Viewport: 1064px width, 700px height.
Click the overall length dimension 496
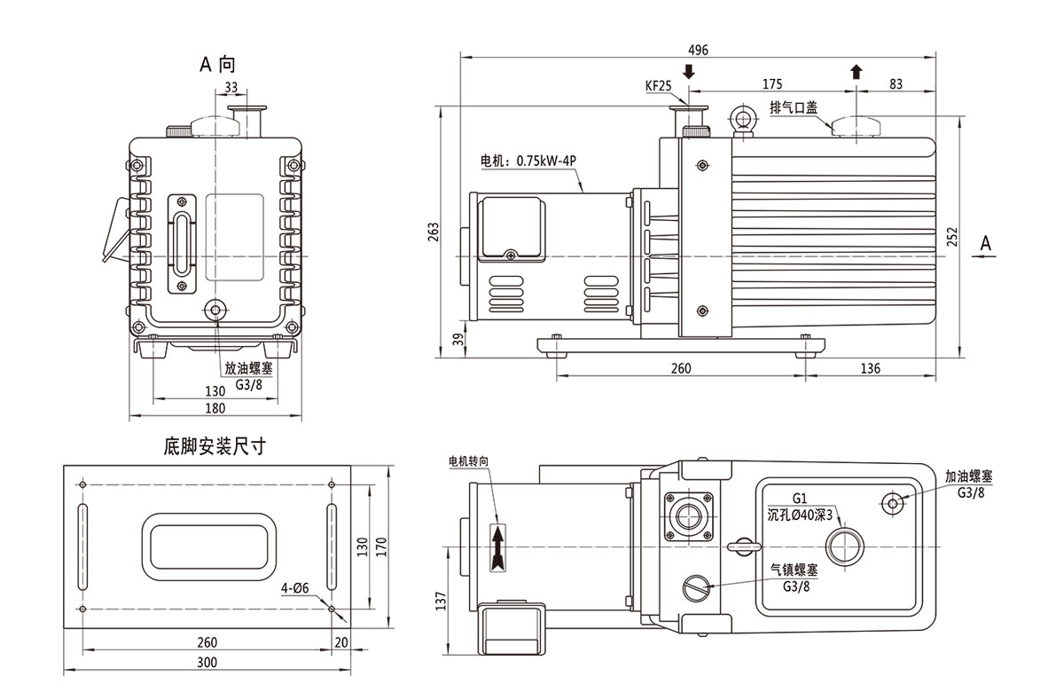(698, 50)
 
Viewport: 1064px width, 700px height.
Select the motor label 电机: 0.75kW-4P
(528, 161)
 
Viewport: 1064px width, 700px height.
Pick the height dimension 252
(951, 237)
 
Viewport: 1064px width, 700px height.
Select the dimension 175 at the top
(771, 84)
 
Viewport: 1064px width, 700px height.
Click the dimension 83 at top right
(895, 84)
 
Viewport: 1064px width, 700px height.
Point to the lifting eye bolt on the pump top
(741, 120)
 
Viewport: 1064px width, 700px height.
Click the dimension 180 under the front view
(215, 408)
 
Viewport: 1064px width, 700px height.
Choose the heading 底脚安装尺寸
(215, 444)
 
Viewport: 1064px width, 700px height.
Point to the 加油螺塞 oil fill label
(968, 476)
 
